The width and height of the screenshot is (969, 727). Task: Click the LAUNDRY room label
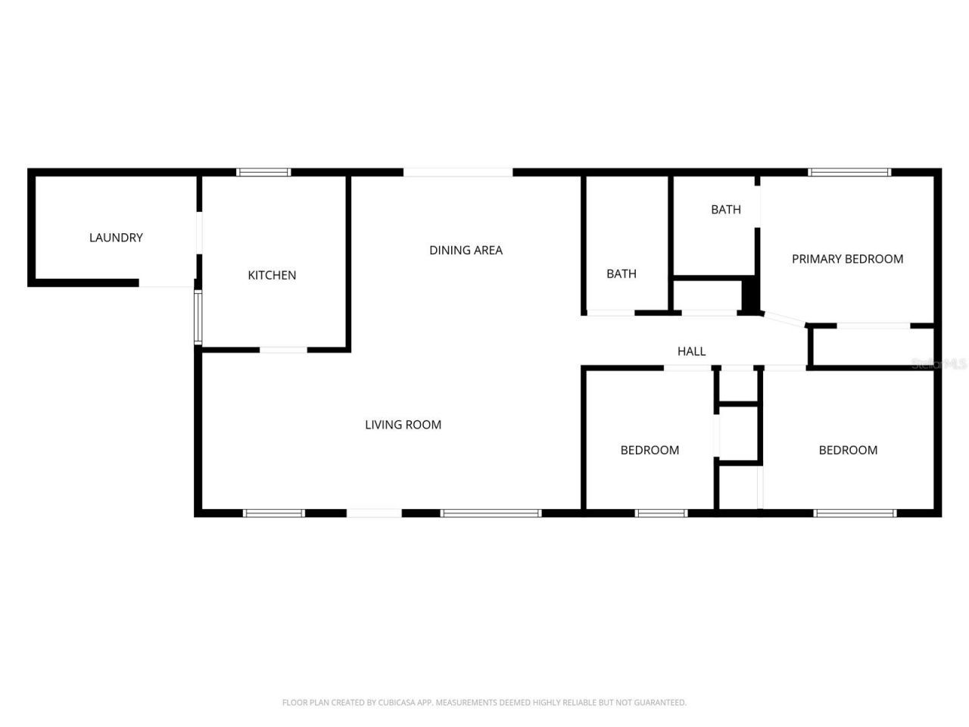click(x=116, y=238)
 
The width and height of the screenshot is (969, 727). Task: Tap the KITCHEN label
click(x=272, y=276)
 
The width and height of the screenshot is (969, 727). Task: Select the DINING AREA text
click(x=466, y=251)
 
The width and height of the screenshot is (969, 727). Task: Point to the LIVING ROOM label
click(x=403, y=425)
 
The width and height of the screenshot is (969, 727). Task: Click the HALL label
click(x=691, y=351)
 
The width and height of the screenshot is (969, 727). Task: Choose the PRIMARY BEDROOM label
click(x=847, y=259)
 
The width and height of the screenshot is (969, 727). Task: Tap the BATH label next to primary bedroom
click(x=725, y=210)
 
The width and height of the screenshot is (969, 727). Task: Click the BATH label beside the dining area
click(x=621, y=274)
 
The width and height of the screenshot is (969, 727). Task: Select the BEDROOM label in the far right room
click(x=848, y=451)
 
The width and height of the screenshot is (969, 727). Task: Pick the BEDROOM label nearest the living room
click(x=650, y=451)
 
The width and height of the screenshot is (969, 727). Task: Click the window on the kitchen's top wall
click(x=263, y=173)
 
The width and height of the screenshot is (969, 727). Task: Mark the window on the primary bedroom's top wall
click(x=849, y=173)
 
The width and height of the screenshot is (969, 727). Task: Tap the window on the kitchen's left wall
click(x=198, y=317)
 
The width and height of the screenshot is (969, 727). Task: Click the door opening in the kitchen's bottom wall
click(x=284, y=350)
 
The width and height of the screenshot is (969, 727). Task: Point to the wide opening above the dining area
click(x=458, y=173)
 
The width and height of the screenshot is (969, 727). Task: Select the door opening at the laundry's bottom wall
click(x=167, y=283)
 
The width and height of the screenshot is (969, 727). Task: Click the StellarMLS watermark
click(x=939, y=364)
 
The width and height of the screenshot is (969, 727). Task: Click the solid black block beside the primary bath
click(x=749, y=296)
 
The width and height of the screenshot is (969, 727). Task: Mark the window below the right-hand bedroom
click(x=855, y=513)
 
